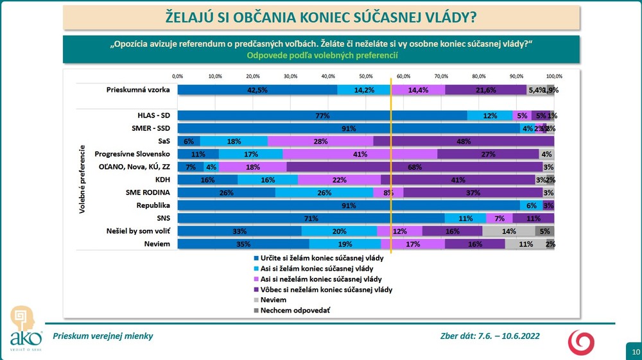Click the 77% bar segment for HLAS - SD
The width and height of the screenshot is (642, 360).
point(322,116)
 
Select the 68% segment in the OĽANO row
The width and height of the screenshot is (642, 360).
point(415,167)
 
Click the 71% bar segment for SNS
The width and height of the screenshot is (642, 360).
point(311,218)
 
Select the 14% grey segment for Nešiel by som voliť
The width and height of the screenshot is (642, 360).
point(508,231)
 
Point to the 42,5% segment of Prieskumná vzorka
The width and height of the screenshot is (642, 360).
point(257,90)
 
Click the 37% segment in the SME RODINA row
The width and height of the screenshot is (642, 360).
point(473,193)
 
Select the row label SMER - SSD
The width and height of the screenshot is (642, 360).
point(148,128)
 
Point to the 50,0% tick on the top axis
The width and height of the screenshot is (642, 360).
point(365,76)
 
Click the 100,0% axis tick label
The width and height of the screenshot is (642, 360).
point(553,76)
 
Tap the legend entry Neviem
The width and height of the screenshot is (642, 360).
point(273,300)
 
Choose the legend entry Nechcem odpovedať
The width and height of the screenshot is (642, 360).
point(290,310)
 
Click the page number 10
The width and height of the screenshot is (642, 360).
point(635,352)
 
